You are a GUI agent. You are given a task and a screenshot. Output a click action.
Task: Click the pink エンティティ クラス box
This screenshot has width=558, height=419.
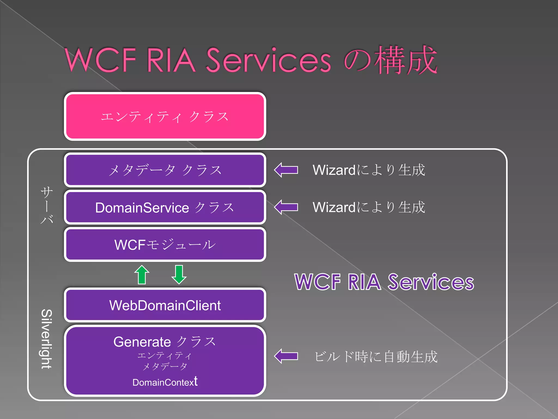coord(165,116)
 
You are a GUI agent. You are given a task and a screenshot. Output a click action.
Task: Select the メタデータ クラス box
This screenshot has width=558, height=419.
coord(165,170)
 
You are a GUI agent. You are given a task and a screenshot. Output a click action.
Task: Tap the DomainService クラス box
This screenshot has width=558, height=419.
coord(165,207)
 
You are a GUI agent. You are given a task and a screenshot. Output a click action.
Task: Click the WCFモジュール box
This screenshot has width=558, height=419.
coord(165,244)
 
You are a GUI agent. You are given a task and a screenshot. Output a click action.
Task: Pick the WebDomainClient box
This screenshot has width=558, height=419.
coord(165,305)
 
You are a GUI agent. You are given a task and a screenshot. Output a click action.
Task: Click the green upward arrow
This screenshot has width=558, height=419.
coord(142,274)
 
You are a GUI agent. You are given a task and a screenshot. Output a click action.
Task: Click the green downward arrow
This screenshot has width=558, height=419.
coord(179,274)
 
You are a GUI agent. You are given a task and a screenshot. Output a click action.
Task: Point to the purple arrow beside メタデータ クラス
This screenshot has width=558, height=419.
coord(286,170)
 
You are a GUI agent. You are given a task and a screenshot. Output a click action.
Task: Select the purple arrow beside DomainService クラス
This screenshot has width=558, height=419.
coord(286,207)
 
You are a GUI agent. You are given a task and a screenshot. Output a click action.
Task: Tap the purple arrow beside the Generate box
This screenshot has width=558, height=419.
coord(286,356)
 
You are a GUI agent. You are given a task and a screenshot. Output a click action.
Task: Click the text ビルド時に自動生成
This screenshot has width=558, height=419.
coord(376,357)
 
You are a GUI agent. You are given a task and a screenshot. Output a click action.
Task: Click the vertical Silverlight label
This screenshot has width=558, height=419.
coord(47,339)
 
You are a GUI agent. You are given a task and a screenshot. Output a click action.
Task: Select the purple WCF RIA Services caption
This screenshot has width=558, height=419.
coord(384,282)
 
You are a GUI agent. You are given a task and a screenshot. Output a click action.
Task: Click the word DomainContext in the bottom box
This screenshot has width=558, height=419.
coord(165,382)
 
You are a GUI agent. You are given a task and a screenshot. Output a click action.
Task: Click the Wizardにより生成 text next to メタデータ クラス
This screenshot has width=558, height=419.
coord(369,170)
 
